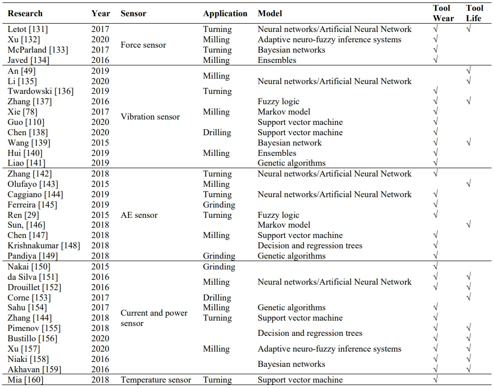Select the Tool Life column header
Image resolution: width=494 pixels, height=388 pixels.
(x=474, y=13)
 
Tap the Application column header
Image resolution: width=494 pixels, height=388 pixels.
(x=225, y=14)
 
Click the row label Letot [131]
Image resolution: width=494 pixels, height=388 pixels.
(x=27, y=29)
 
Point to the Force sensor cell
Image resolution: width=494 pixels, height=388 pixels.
(x=143, y=45)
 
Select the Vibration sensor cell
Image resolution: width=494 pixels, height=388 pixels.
(x=150, y=117)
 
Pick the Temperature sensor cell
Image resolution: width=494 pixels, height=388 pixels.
(x=156, y=380)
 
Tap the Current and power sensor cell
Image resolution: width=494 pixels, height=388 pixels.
(x=154, y=318)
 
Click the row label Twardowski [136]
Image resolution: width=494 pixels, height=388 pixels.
(x=37, y=91)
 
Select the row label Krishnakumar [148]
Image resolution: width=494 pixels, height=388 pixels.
(x=43, y=245)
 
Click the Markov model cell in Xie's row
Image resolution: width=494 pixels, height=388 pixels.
(x=284, y=112)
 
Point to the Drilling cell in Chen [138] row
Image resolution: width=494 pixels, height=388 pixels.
(x=217, y=133)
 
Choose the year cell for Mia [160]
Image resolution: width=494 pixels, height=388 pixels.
(x=100, y=380)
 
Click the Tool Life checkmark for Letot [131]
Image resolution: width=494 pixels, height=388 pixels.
(x=469, y=29)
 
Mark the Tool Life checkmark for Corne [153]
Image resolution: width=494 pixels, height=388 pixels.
(x=469, y=297)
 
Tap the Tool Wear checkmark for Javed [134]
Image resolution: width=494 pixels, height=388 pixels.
(x=436, y=60)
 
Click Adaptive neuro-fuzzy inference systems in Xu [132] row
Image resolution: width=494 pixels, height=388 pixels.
(x=329, y=39)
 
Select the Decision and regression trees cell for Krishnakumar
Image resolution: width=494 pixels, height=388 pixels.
(x=310, y=245)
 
